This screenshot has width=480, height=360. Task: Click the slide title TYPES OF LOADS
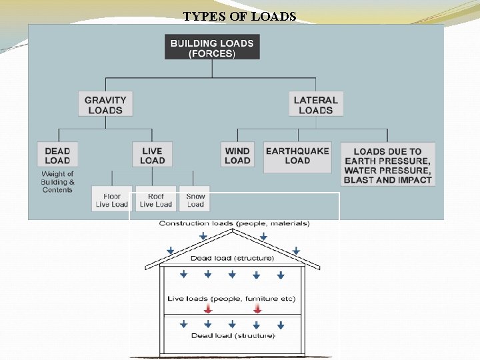tap(239, 16)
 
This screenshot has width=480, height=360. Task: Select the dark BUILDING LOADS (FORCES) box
tap(212, 47)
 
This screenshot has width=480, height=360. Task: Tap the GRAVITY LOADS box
tap(105, 105)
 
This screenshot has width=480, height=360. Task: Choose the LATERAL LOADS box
tap(316, 105)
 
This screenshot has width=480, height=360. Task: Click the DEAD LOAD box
tap(57, 155)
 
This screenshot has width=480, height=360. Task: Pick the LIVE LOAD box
tap(152, 155)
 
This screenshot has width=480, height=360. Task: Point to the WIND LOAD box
tap(237, 155)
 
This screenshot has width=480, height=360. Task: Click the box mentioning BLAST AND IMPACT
tap(387, 164)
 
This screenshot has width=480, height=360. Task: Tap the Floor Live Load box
tap(111, 199)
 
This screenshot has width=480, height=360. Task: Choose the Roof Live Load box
tap(156, 199)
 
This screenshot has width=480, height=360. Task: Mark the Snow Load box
tap(195, 199)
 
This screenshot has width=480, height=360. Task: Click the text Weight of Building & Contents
tap(57, 182)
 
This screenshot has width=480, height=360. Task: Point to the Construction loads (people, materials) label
tap(234, 223)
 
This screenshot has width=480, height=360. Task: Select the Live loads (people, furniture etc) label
tap(231, 299)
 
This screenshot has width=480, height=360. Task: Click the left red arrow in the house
tap(208, 309)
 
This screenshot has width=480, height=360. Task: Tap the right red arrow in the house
tap(257, 309)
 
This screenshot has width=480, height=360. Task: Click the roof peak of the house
tap(233, 231)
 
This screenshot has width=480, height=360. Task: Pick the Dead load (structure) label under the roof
tap(232, 258)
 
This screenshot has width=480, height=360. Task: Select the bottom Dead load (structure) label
tap(233, 335)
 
